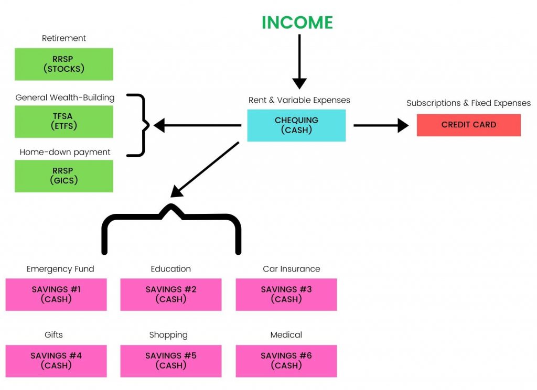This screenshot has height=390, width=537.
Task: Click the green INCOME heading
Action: (x=297, y=23)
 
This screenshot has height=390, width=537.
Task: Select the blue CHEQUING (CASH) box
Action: (x=296, y=125)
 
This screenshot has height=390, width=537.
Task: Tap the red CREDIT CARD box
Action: (x=468, y=125)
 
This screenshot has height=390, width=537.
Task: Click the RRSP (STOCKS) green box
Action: (x=63, y=64)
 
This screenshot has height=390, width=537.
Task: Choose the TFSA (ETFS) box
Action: (x=63, y=121)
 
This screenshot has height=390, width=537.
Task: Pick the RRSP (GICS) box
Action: (x=63, y=176)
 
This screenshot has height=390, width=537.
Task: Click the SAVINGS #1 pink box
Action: (x=56, y=294)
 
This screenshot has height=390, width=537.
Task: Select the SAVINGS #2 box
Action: (x=171, y=294)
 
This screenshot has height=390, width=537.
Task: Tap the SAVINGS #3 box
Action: (x=286, y=294)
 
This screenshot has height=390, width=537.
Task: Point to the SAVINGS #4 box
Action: (x=56, y=361)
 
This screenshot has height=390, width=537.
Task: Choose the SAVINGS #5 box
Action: (x=171, y=361)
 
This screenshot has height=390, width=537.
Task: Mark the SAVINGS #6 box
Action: (x=286, y=361)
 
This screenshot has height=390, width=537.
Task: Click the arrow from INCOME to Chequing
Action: (x=299, y=60)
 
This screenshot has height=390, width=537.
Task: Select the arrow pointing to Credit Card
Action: (x=381, y=125)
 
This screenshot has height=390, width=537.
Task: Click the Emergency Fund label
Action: (x=60, y=269)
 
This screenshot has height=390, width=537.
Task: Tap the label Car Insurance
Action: (x=291, y=269)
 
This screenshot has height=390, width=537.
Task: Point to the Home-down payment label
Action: (x=65, y=152)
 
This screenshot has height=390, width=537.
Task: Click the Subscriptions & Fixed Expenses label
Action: (x=468, y=103)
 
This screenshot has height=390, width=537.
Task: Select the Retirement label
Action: (x=64, y=38)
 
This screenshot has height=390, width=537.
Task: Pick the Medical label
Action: (x=286, y=335)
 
